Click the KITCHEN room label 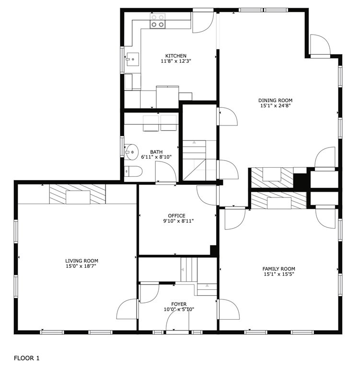[176, 56]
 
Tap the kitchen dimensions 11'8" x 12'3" [176, 61]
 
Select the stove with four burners [158, 21]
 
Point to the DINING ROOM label [275, 100]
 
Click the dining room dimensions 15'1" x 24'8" [275, 106]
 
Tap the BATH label [156, 152]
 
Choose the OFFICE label [176, 216]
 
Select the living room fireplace [77, 194]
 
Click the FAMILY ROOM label [279, 269]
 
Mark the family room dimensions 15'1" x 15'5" [279, 275]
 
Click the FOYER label [179, 304]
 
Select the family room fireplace [279, 200]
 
